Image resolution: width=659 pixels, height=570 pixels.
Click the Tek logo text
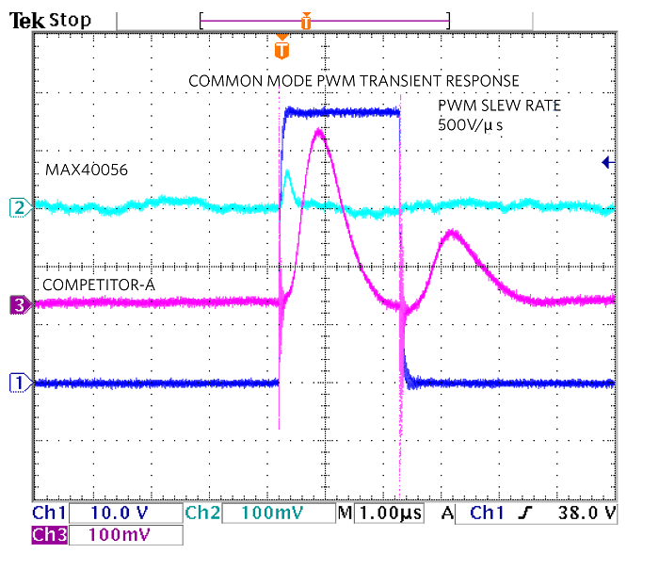28,18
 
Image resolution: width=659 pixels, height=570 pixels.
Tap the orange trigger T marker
281,48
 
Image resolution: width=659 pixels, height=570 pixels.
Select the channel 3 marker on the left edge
16,303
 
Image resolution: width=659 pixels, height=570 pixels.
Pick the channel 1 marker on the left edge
16,383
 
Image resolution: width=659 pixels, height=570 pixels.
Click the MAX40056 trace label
86,170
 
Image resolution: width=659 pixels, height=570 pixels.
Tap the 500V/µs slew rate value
470,123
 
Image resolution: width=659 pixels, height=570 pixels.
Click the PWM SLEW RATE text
499,105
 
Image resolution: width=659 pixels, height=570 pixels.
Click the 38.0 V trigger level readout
584,513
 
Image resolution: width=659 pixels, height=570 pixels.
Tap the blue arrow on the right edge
608,163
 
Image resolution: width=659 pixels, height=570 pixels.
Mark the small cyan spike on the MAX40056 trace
288,171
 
